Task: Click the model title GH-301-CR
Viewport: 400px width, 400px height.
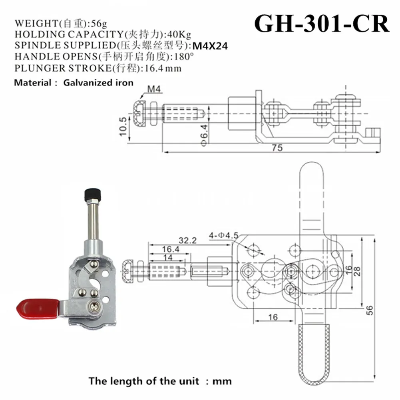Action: pos(322,24)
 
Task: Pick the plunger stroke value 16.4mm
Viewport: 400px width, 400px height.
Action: pos(163,68)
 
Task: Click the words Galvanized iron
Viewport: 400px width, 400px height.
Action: pos(98,83)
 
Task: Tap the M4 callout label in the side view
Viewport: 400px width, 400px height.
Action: pos(154,89)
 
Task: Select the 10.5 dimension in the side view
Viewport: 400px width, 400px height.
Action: pos(123,127)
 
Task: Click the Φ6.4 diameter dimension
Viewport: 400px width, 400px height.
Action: pos(204,135)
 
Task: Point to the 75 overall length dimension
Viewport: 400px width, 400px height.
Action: pos(277,148)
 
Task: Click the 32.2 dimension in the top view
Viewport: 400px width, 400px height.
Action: pos(187,240)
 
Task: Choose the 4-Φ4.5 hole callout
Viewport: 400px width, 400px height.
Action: pos(223,235)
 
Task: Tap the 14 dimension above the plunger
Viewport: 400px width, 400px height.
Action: pos(168,257)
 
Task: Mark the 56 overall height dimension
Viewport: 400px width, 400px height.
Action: pos(370,310)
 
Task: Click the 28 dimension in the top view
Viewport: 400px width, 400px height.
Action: pos(357,271)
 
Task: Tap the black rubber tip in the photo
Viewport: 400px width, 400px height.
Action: pos(93,195)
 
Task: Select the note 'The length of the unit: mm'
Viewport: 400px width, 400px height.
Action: pos(160,381)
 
